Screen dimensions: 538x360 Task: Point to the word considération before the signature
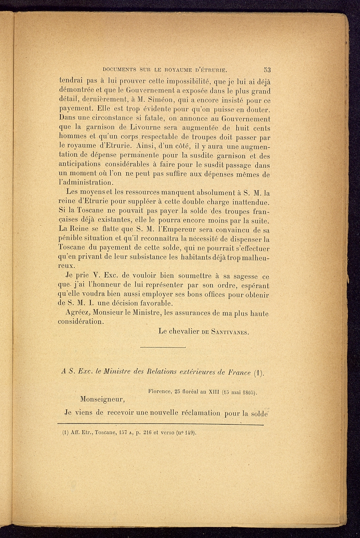click(81, 321)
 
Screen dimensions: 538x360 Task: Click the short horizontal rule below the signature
click(162, 347)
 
